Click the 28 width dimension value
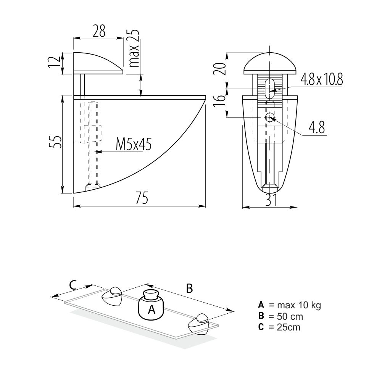pyautogui.click(x=99, y=31)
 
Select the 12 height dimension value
pyautogui.click(x=54, y=62)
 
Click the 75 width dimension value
pyautogui.click(x=142, y=198)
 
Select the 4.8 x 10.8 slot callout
pyautogui.click(x=322, y=79)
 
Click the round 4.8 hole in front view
pyautogui.click(x=269, y=118)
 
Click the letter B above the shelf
pyautogui.click(x=189, y=289)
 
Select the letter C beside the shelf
pyautogui.click(x=73, y=285)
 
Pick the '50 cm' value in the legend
pyautogui.click(x=290, y=316)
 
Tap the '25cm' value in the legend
pyautogui.click(x=289, y=327)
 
